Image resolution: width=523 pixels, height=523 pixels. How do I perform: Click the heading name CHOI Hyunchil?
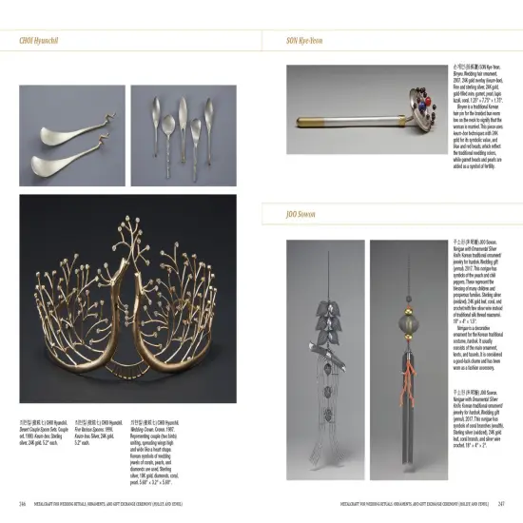click(x=41, y=42)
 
